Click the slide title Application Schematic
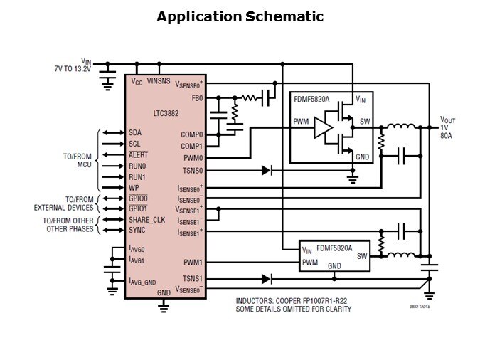[x=240, y=16]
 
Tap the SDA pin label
[x=135, y=133]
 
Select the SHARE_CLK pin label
[x=147, y=220]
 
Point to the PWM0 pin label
[x=193, y=157]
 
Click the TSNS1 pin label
[x=193, y=279]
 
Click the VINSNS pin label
[x=160, y=82]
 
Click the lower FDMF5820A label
[x=338, y=248]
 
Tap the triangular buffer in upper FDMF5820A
[x=324, y=127]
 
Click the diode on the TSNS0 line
[x=267, y=170]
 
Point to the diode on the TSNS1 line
[x=267, y=279]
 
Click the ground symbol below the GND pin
[x=164, y=307]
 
